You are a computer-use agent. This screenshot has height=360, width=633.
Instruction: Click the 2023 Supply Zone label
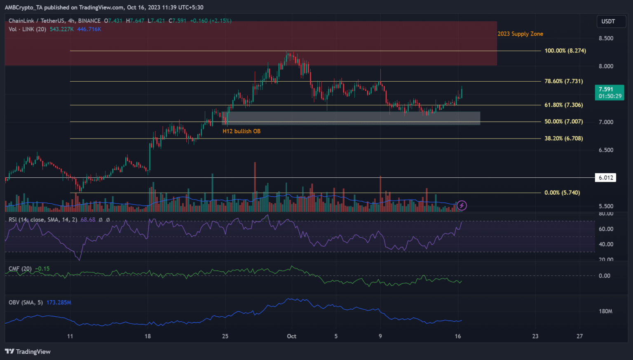(520, 34)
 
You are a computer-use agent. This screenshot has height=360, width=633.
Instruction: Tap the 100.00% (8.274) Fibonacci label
(565, 51)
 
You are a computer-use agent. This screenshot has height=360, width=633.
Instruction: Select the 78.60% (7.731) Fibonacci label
(563, 81)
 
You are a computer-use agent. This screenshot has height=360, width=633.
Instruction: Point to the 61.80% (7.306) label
(563, 105)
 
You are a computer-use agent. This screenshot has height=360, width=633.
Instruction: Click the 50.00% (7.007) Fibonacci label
(563, 122)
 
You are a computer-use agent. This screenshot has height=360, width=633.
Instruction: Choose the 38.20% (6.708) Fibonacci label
(563, 139)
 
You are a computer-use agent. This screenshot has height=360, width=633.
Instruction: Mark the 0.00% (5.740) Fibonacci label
(562, 193)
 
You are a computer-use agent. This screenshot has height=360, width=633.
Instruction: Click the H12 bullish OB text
(241, 131)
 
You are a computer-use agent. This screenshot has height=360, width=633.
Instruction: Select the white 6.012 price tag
(605, 178)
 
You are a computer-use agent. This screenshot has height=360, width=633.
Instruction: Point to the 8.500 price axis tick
(606, 38)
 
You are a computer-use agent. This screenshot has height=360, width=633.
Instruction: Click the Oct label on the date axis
(291, 336)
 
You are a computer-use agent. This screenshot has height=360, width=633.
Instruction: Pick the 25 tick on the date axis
(225, 336)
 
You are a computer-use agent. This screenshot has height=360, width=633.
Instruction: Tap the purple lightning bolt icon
(462, 205)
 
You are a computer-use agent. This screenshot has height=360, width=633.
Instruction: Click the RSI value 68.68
(88, 220)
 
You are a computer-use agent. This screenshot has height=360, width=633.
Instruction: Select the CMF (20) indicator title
(20, 269)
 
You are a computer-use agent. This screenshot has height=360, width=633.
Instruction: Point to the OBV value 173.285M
(59, 303)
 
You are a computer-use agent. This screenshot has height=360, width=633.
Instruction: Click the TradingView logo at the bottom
(28, 351)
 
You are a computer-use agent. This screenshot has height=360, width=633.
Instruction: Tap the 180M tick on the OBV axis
(605, 311)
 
